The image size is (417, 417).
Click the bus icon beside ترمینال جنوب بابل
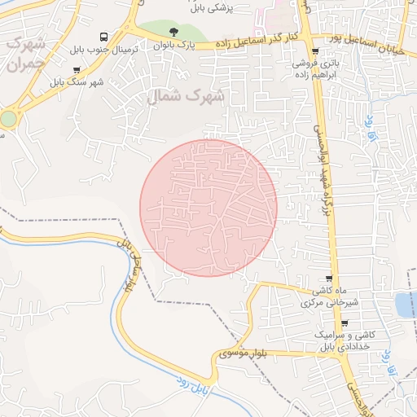(103, 37)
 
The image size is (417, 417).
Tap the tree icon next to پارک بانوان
(173, 33)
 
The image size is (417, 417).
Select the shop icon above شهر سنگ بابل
(77, 70)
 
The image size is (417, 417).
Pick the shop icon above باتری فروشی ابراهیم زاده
(314, 51)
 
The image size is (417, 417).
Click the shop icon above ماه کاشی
(330, 279)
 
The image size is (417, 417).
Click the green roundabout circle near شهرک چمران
(8, 119)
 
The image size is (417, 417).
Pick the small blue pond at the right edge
(405, 305)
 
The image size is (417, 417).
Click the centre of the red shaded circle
(208, 207)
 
